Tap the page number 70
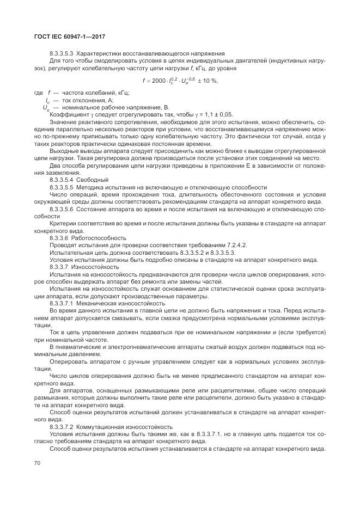38,462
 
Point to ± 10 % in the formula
208,81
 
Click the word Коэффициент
68,115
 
